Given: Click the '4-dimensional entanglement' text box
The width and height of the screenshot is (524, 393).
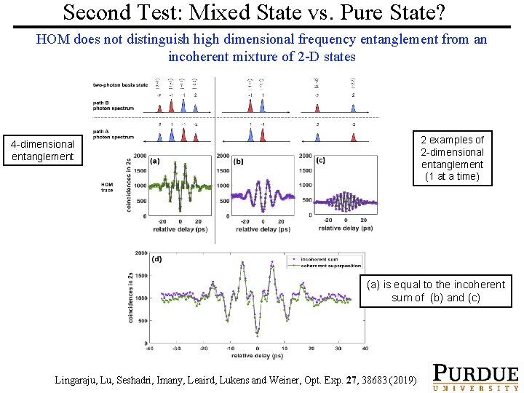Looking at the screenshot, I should tap(42, 150).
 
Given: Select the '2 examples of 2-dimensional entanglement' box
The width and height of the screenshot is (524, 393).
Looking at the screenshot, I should tap(452, 158).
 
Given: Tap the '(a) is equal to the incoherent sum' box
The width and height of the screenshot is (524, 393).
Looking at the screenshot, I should tap(435, 291).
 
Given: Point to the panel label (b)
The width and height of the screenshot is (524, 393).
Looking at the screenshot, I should tap(239, 161).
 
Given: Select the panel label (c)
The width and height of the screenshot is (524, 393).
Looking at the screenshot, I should tap(321, 161).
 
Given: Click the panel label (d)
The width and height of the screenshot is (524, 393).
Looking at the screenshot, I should tap(156, 259).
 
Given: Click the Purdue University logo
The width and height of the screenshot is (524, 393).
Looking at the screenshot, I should tap(475, 377).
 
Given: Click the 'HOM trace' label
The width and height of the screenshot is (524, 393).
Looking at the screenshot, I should tap(107, 187).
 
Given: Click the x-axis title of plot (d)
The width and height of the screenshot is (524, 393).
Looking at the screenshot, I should tap(257, 357).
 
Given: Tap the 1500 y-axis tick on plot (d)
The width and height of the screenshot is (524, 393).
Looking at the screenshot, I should tap(141, 276).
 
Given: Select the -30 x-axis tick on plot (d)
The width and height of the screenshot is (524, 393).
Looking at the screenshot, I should tap(176, 349).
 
